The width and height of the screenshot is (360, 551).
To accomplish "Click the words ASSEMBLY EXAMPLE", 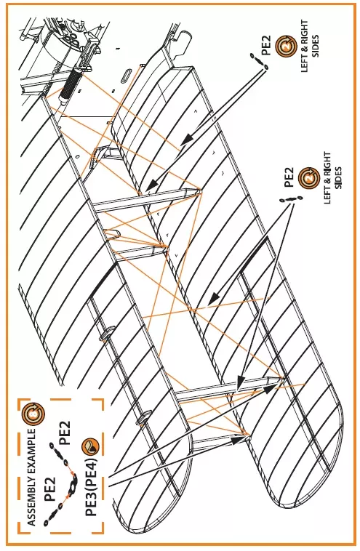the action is pos(32,477).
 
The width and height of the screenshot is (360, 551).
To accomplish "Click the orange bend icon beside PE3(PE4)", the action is pos(91,446).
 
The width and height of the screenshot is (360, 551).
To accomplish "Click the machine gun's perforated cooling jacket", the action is pos(69,84).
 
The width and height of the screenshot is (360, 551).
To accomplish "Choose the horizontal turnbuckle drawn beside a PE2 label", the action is pos(290,199).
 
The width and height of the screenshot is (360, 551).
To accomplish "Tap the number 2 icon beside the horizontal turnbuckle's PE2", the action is pos(309,178).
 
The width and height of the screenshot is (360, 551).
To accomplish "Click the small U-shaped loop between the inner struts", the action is pos(112,234).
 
